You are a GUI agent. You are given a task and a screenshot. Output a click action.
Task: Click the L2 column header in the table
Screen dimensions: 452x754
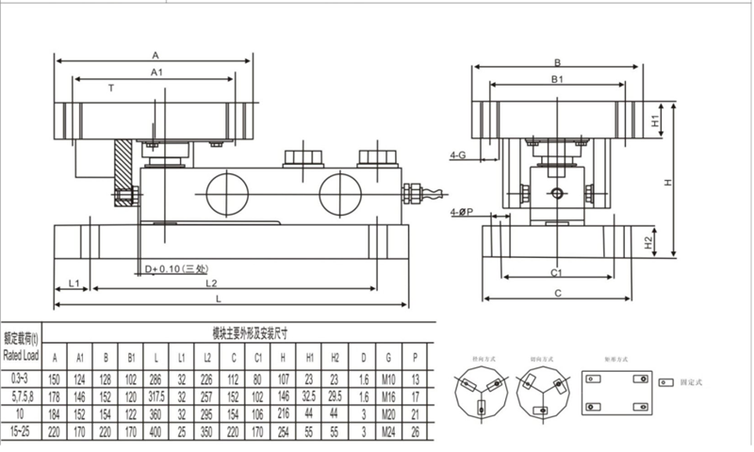pos(207,358)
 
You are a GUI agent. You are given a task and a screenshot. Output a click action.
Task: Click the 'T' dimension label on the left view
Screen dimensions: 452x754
pos(110,88)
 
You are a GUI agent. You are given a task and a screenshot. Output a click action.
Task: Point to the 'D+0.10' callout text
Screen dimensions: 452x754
pos(174,270)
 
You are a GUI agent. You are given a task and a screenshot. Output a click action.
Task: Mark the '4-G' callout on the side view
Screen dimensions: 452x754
pos(459,153)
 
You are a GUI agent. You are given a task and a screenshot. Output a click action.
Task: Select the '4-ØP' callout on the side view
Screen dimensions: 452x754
pos(462,214)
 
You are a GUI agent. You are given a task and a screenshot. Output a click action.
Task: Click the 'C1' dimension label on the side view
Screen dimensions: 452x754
pos(556,271)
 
